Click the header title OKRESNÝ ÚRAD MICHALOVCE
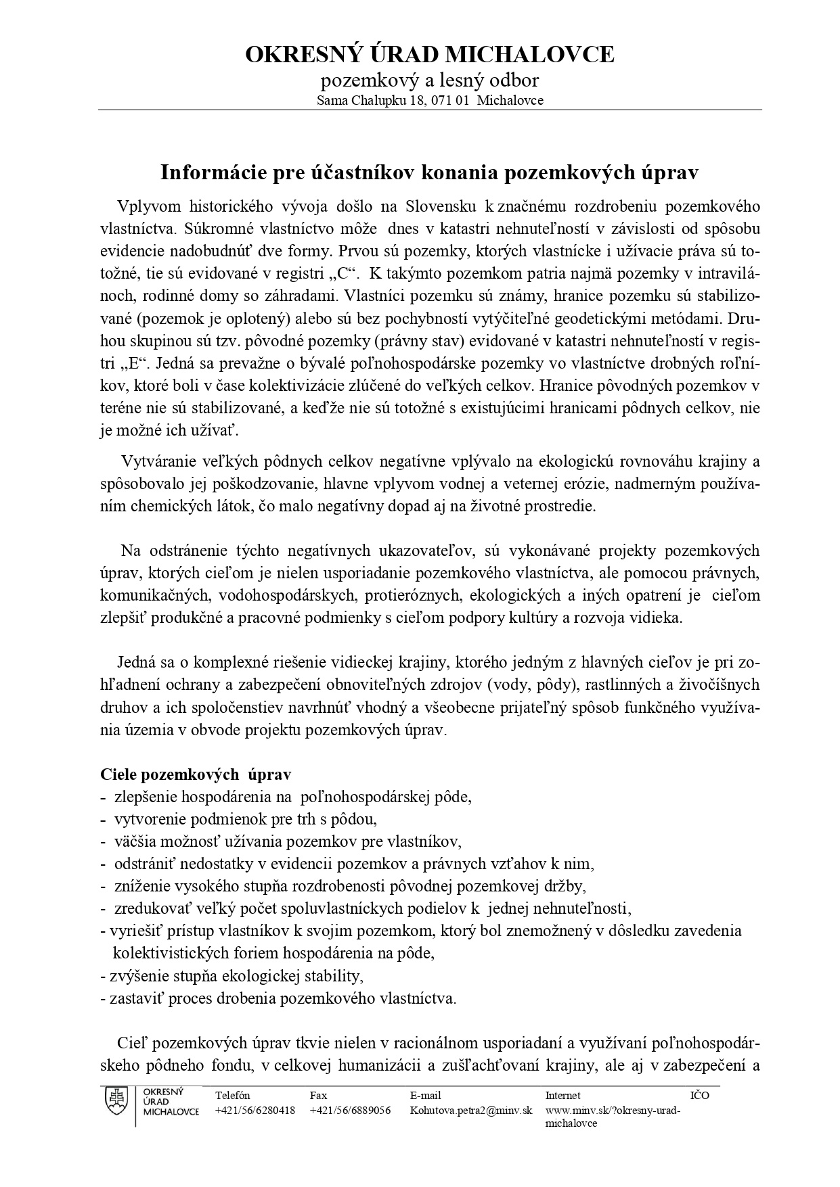429,54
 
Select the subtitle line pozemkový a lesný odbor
429,80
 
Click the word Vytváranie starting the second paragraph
159,461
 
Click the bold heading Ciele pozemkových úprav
196,774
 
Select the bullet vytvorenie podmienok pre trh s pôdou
245,819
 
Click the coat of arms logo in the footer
116,1104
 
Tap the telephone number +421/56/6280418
255,1111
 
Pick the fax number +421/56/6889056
350,1111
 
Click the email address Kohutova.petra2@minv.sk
471,1111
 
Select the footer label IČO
699,1095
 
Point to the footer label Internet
562,1095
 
